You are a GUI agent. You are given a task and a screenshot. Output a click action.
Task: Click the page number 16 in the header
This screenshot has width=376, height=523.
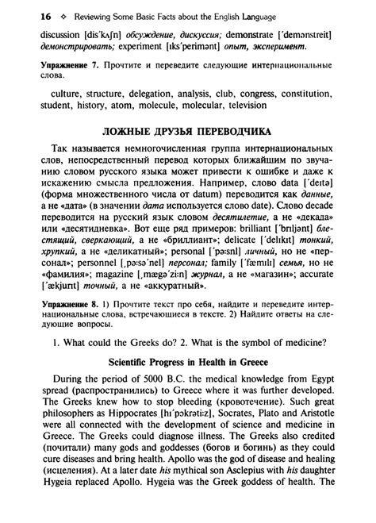tap(25, 16)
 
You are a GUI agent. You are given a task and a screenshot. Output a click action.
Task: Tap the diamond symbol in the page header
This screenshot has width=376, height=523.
tap(44, 16)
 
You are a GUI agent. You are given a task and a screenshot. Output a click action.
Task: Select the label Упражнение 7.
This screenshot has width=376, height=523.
tap(52, 77)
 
